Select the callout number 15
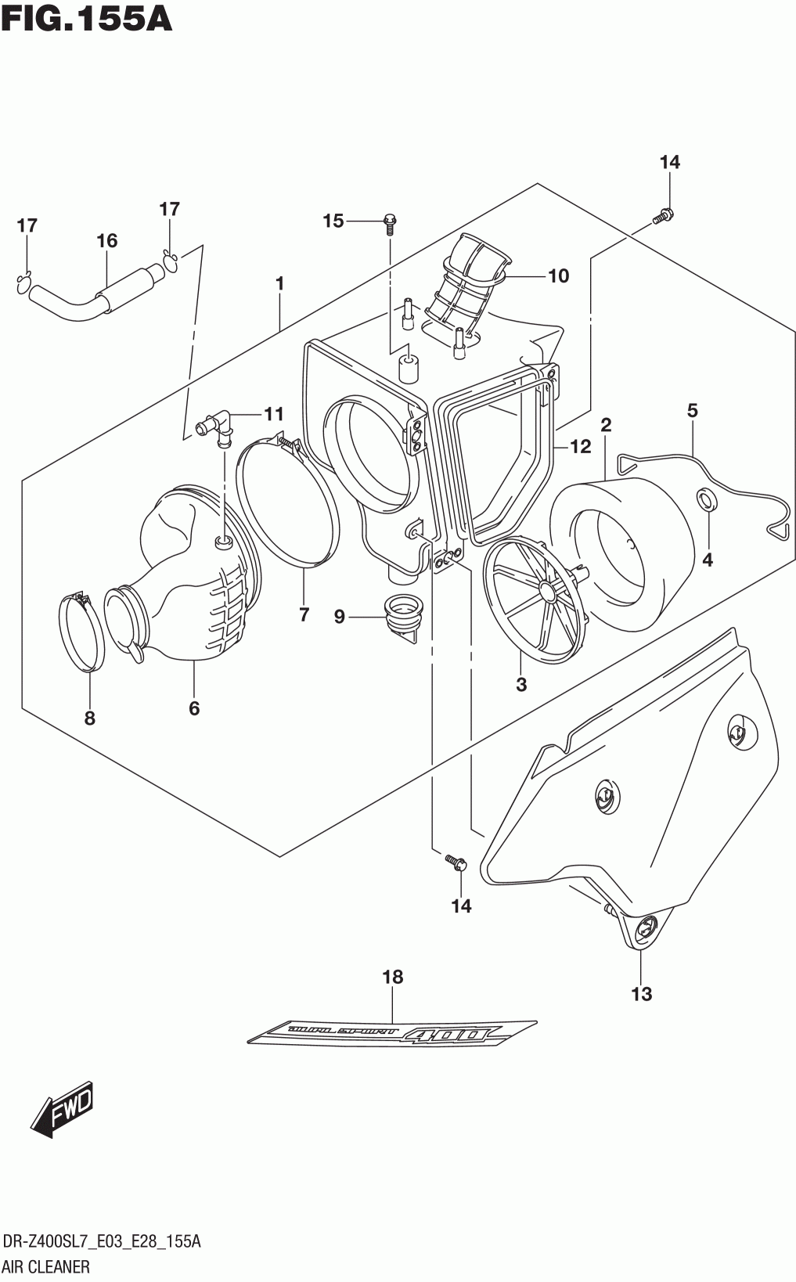coord(333,221)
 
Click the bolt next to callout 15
coord(390,225)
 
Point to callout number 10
coord(559,275)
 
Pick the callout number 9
coord(340,617)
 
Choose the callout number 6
coord(194,708)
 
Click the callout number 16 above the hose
coord(107,241)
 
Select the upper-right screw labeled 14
coord(663,216)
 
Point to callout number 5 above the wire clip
coord(693,410)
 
